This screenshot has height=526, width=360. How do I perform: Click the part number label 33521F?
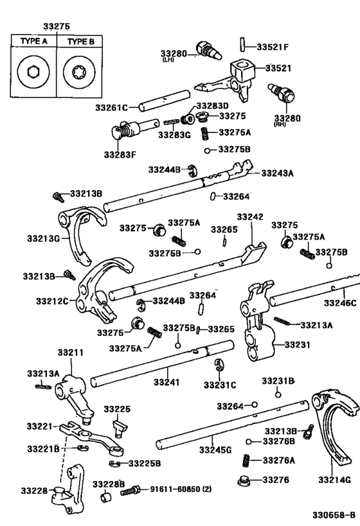273,47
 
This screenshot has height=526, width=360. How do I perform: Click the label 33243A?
277,173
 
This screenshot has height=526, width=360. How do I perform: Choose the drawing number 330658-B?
334,514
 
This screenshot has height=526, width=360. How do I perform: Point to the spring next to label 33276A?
246,460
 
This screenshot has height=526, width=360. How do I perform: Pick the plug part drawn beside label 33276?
244,480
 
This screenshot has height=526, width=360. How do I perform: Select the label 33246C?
339,303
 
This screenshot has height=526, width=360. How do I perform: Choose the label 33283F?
121,154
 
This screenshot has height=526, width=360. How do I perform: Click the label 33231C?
220,385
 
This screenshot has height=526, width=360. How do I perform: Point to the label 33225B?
145,463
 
